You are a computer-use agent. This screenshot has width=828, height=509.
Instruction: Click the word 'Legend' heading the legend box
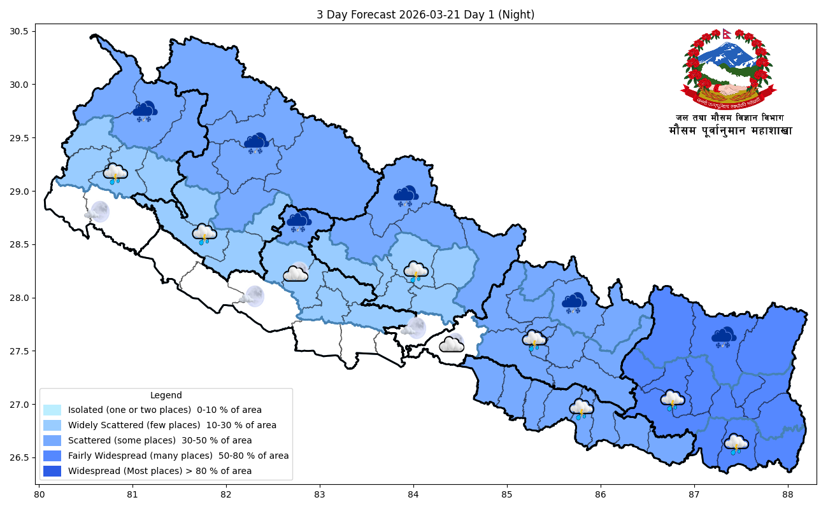(x=166, y=395)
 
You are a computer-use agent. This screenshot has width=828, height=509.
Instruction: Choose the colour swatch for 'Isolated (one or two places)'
(x=52, y=410)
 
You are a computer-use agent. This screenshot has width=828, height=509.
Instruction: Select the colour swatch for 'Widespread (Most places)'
(x=52, y=471)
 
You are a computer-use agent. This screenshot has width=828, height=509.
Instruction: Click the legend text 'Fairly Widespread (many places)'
(x=178, y=456)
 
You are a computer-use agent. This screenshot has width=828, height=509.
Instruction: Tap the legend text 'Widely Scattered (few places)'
(x=172, y=425)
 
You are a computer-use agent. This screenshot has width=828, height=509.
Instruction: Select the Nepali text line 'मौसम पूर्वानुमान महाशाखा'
(x=730, y=131)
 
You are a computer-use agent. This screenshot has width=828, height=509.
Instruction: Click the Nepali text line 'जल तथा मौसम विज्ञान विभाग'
(x=730, y=118)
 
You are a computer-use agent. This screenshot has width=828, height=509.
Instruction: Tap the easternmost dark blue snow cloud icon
(x=724, y=337)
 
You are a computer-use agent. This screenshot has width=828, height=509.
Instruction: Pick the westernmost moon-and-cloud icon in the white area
(x=97, y=212)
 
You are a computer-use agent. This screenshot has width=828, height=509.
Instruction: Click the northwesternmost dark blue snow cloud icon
(x=145, y=111)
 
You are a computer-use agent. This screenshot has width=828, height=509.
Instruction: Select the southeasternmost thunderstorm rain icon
(x=736, y=443)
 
